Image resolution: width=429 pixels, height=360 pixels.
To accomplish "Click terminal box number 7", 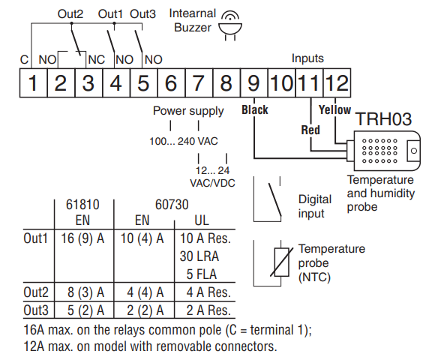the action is pyautogui.click(x=199, y=83).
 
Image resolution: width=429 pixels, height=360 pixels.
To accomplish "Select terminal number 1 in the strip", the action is pyautogui.click(x=34, y=83).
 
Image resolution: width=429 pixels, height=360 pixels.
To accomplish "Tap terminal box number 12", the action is pyautogui.click(x=337, y=83).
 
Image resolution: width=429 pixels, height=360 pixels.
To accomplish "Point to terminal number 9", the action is pyautogui.click(x=254, y=83).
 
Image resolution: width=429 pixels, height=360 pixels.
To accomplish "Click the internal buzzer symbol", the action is pyautogui.click(x=230, y=26).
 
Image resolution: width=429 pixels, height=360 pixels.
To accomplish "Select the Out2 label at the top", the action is pyautogui.click(x=70, y=14).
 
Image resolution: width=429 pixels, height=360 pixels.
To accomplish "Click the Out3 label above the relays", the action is pyautogui.click(x=142, y=14).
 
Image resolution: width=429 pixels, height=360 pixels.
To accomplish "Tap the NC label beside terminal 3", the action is pyautogui.click(x=97, y=59).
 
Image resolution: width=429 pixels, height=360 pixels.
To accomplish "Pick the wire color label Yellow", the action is pyautogui.click(x=334, y=109).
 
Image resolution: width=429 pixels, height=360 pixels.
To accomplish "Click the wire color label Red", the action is pyautogui.click(x=310, y=130).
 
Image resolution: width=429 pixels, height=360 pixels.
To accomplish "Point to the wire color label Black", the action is pyautogui.click(x=255, y=109).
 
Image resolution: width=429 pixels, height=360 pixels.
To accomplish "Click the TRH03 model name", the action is pyautogui.click(x=383, y=119).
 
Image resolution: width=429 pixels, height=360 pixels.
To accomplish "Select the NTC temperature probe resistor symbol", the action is pyautogui.click(x=281, y=262).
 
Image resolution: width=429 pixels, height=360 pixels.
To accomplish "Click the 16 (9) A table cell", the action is pyautogui.click(x=82, y=238).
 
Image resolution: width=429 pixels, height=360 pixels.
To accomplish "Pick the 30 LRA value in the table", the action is pyautogui.click(x=199, y=256).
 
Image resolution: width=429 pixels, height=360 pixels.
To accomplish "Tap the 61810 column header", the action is pyautogui.click(x=82, y=205).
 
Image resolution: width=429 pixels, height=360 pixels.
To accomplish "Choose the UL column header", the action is pyautogui.click(x=202, y=220).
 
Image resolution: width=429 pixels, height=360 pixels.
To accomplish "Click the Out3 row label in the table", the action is pyautogui.click(x=36, y=310).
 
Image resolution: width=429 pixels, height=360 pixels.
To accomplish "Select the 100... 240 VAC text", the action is pyautogui.click(x=184, y=142).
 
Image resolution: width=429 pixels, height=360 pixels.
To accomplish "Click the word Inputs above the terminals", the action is pyautogui.click(x=307, y=58).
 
